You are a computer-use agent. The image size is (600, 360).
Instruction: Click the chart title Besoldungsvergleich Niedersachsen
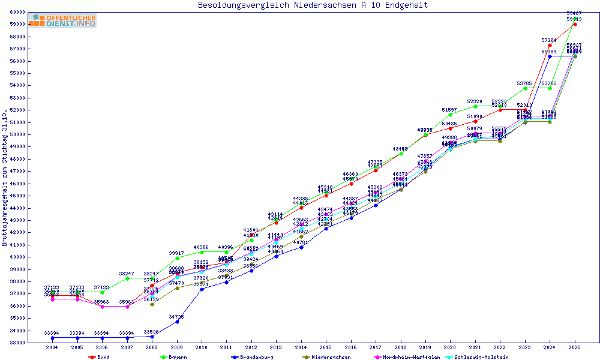tap(313, 5)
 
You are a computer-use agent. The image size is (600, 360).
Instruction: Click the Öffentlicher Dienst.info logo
tap(63, 21)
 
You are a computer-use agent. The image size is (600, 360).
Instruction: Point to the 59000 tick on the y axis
tap(17, 25)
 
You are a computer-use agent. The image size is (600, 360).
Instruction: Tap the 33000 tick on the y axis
tap(17, 343)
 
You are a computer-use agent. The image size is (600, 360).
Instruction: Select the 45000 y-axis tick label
tap(17, 196)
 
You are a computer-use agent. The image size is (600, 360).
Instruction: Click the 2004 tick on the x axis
tap(52, 347)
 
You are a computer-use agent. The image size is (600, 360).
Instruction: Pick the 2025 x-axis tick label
tap(575, 347)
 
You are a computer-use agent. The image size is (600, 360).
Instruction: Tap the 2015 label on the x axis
tap(326, 347)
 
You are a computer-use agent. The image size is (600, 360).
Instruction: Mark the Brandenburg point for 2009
tap(176, 322)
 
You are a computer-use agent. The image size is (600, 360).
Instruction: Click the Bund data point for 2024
tap(550, 46)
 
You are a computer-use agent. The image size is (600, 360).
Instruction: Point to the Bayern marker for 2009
tap(176, 258)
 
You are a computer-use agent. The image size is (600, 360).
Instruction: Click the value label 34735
tap(176, 316)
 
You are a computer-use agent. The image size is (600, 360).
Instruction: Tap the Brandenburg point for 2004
tap(52, 338)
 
